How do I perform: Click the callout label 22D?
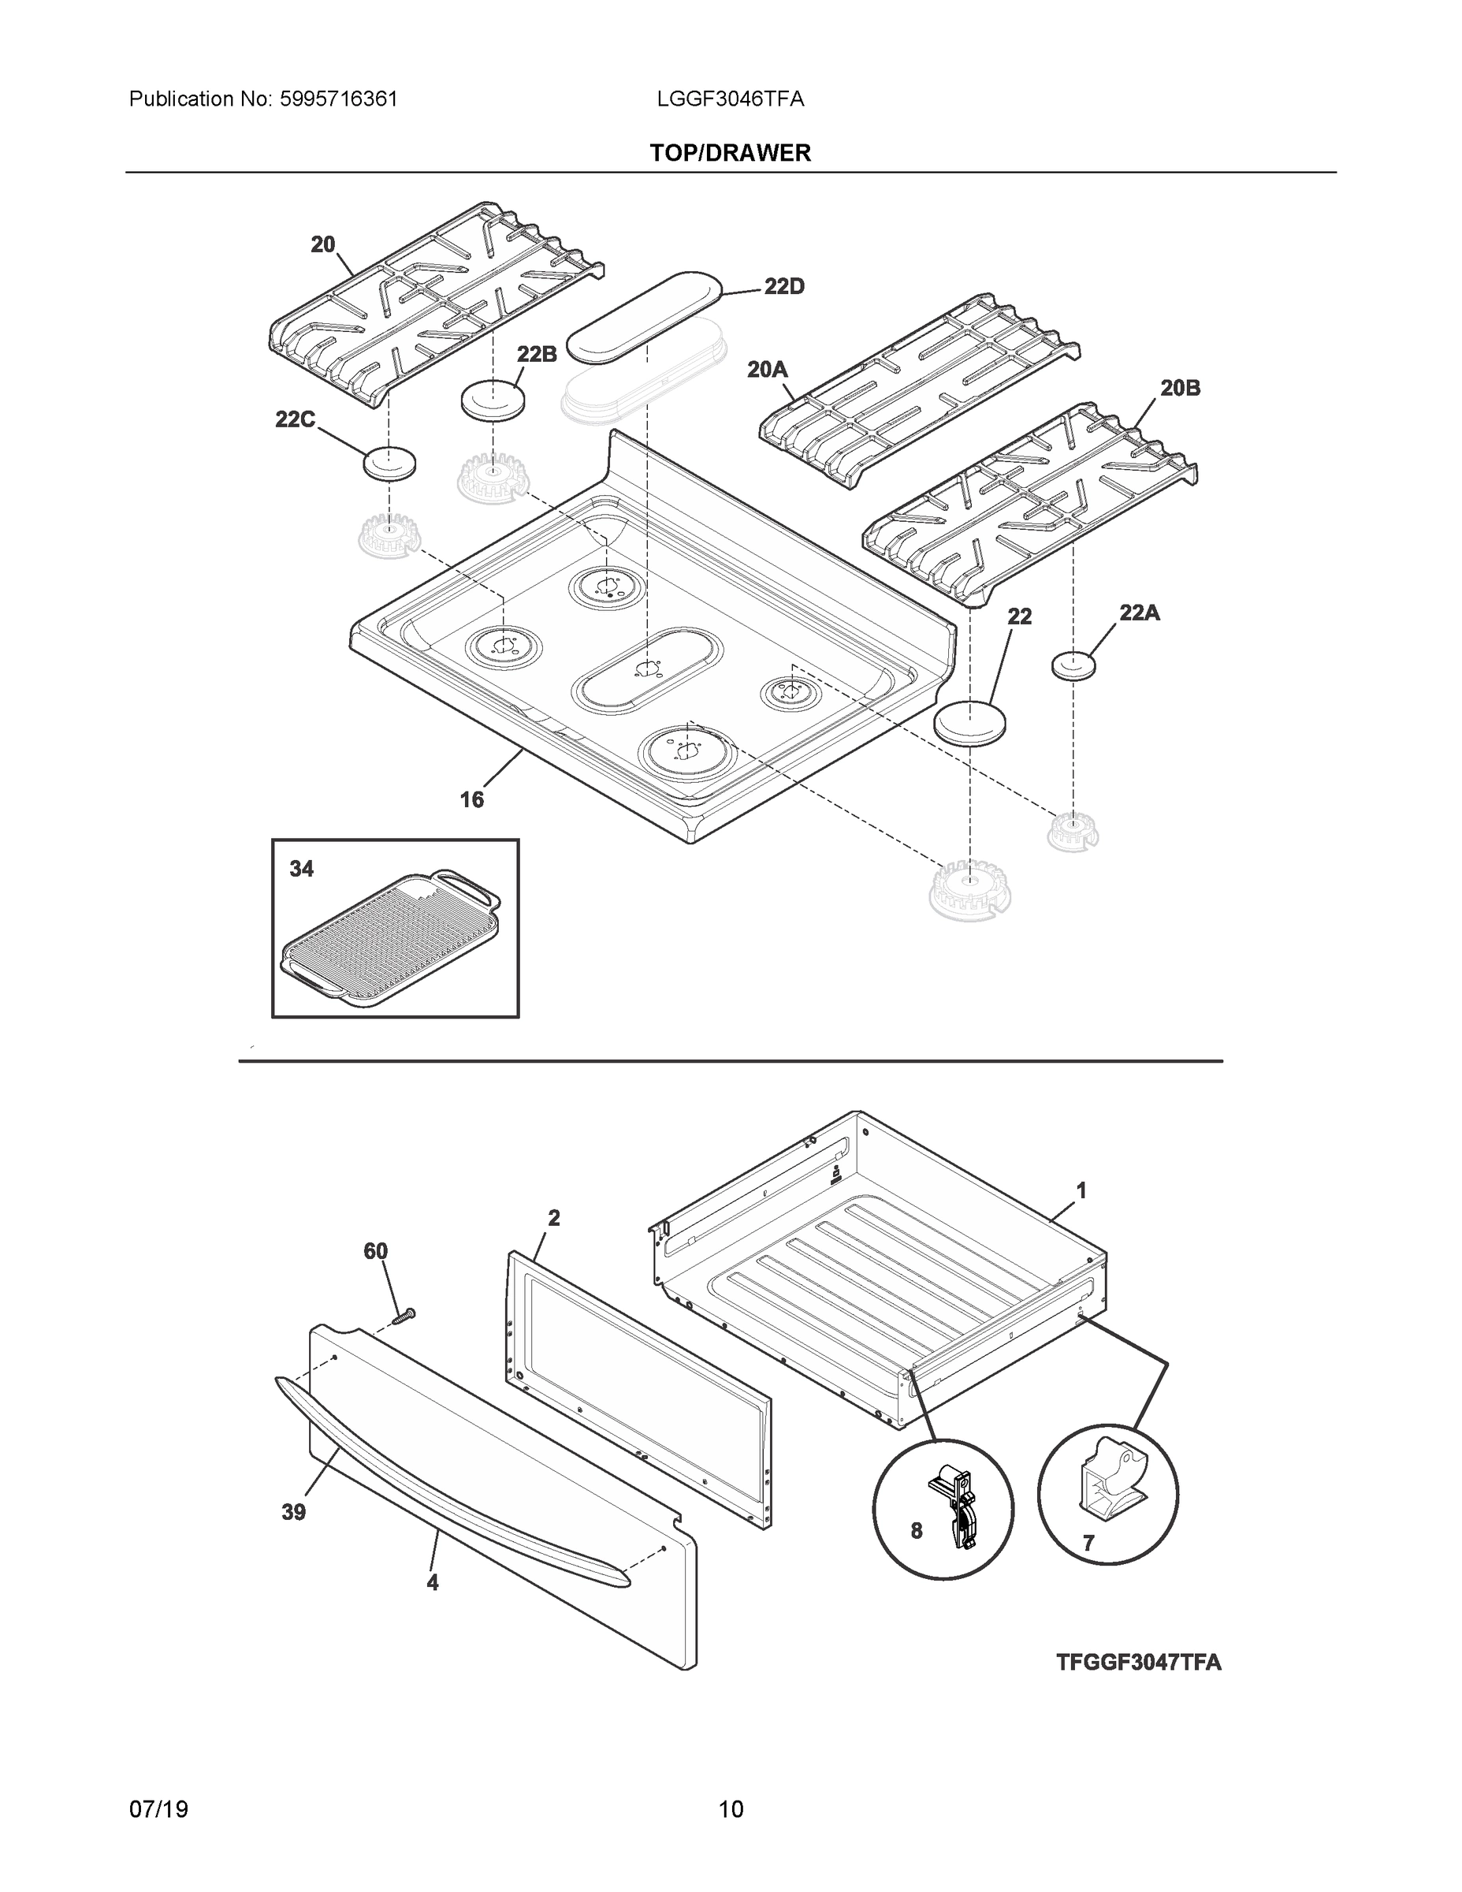coord(784,287)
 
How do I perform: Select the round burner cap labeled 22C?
coord(388,464)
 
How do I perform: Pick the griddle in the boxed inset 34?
coord(392,939)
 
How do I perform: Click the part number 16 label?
coord(471,799)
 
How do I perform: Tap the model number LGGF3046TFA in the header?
coord(730,99)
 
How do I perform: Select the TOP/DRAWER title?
coord(730,154)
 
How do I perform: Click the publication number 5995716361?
coord(338,99)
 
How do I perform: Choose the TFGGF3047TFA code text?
coord(1138,1663)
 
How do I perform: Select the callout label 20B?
coord(1180,388)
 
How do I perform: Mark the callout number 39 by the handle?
coord(294,1513)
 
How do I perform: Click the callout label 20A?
coord(768,370)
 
